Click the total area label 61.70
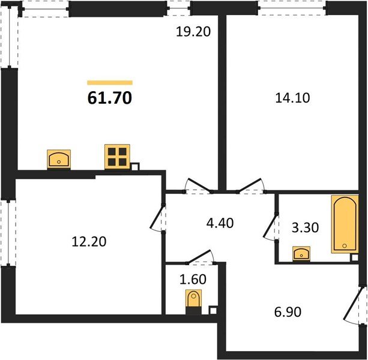(x=110, y=98)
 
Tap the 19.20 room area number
(x=193, y=32)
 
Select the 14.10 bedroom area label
(x=292, y=98)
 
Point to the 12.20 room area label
(x=89, y=242)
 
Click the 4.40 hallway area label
(x=220, y=223)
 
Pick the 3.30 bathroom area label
(x=305, y=227)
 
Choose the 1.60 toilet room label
(x=193, y=279)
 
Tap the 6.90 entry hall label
(x=288, y=312)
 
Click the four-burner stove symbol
(x=117, y=157)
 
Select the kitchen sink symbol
(x=59, y=159)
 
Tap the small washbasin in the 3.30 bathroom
(x=301, y=254)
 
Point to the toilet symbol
(x=194, y=299)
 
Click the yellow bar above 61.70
(x=110, y=83)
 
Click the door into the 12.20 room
(x=158, y=218)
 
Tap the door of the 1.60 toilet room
(x=201, y=257)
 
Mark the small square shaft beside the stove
(x=135, y=167)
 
